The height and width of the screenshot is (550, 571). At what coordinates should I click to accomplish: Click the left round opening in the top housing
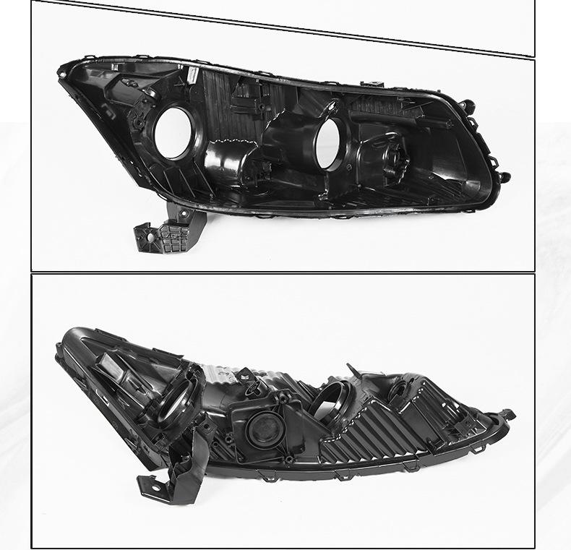(x=173, y=132)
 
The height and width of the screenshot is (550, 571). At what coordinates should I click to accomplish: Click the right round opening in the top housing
(x=332, y=142)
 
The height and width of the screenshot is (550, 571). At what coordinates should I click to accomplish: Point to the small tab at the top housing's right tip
(x=504, y=176)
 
